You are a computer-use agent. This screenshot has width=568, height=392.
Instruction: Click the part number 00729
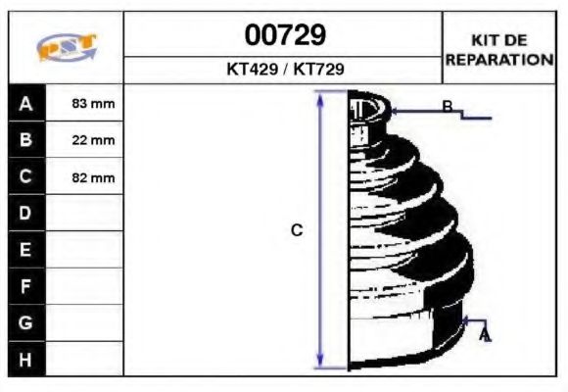(x=284, y=35)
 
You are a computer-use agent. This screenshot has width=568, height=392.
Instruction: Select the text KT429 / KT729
(x=284, y=71)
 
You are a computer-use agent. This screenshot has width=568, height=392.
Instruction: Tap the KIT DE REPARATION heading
(x=499, y=49)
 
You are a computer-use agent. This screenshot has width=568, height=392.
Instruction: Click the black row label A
(x=26, y=104)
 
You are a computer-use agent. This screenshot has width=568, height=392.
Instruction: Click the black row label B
(x=26, y=140)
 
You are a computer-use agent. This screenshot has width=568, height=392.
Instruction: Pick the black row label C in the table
(x=26, y=177)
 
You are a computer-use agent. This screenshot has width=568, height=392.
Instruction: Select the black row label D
(x=26, y=214)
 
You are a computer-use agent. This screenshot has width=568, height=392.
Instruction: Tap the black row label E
(x=26, y=250)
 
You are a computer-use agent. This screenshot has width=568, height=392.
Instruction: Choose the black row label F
(x=26, y=286)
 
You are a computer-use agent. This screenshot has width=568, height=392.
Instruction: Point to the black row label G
(x=26, y=322)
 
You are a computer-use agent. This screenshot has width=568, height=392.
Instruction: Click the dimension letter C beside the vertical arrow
(x=297, y=230)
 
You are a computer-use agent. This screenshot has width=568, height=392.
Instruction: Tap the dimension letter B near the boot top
(x=447, y=107)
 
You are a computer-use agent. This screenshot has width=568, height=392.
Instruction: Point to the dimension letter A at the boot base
(x=484, y=336)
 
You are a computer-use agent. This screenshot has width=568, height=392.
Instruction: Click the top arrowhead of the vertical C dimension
(x=320, y=96)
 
